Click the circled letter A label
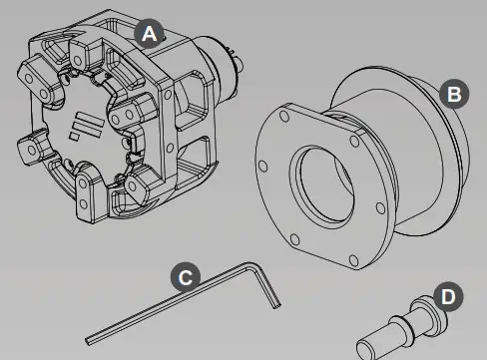(x=149, y=34)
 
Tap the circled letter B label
(x=454, y=94)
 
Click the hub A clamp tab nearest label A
(x=112, y=49)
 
